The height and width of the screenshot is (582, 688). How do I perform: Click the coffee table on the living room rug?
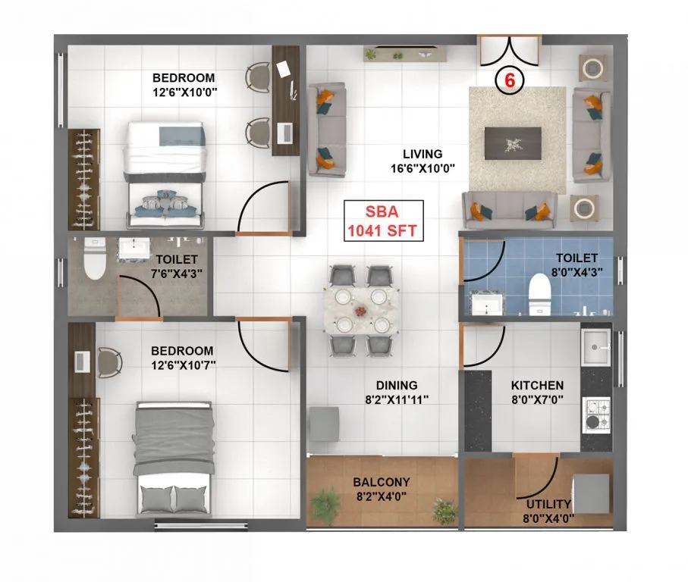point(513,141)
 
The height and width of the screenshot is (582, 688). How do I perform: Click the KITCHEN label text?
point(537,385)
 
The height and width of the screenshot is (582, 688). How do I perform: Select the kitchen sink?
point(595,349)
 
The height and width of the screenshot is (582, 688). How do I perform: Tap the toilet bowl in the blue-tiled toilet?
point(539,292)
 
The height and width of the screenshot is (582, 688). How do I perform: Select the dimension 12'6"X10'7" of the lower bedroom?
point(182,365)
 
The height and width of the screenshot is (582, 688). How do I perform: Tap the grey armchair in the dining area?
point(325,423)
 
